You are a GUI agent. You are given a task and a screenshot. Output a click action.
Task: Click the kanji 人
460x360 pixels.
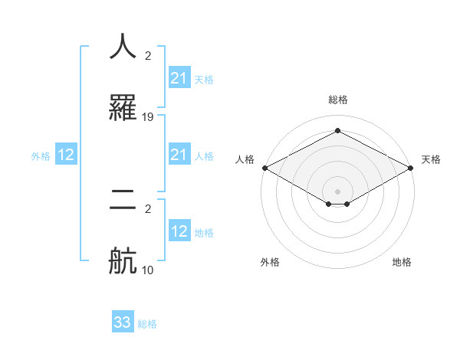point(123,47)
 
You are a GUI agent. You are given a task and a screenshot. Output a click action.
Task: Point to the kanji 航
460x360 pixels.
point(123,260)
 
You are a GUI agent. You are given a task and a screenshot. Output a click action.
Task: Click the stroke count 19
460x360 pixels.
point(148,117)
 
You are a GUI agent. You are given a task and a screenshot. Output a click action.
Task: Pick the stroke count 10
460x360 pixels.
point(148,270)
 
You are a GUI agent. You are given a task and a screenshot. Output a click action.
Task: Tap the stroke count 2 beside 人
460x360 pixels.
point(148,56)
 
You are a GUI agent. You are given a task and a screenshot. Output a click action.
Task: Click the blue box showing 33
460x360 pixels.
point(123,322)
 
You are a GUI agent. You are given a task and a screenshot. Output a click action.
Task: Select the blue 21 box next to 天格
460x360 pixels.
point(179,78)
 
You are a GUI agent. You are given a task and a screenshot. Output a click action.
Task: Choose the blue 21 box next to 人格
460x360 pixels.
point(179,155)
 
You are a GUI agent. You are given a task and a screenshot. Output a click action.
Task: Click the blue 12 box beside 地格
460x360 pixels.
point(179,231)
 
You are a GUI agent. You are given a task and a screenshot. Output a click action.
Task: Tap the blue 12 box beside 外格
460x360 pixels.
point(65,155)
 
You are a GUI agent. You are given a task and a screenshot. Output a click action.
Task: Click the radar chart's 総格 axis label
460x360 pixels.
point(337,100)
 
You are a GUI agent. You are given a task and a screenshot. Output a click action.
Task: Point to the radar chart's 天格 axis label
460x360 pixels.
point(431,159)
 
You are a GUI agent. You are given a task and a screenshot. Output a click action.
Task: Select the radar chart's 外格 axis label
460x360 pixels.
point(270,262)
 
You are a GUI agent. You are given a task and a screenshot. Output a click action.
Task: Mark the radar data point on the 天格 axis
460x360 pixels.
point(411,168)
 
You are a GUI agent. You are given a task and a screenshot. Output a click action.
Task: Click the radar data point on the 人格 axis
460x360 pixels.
point(264,168)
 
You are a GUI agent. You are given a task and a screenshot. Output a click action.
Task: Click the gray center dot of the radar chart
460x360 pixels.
point(337,191)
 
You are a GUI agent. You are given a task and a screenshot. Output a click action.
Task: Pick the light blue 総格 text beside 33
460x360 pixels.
point(147,324)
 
